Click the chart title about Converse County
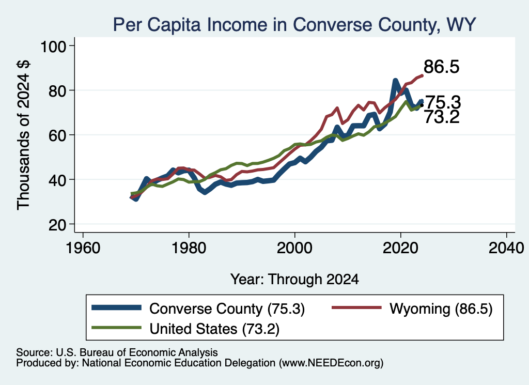[294, 25]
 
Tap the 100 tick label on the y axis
[53, 46]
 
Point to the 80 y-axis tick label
[57, 91]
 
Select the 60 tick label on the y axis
[57, 135]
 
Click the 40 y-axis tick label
[57, 180]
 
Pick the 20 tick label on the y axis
[57, 224]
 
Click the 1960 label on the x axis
[83, 248]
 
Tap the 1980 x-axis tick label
[189, 248]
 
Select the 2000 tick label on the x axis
[294, 248]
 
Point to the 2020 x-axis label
[400, 248]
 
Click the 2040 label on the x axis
[506, 248]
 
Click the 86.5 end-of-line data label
[441, 67]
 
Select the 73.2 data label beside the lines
[442, 117]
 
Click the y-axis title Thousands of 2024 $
[23, 135]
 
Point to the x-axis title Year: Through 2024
[294, 280]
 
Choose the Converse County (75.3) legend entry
[198, 309]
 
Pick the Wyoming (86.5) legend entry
[412, 309]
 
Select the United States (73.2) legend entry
[185, 328]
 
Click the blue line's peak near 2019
[395, 81]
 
